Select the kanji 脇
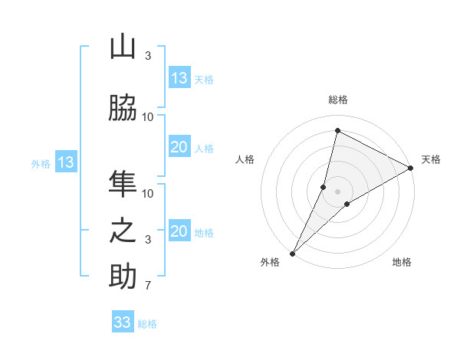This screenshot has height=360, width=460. [123, 108]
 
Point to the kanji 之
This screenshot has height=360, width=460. [123, 231]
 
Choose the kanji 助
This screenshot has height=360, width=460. [123, 277]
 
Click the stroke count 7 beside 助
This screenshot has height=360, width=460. [147, 286]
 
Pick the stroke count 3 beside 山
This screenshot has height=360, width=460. [147, 56]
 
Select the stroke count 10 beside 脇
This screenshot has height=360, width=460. [148, 116]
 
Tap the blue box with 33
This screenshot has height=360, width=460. [123, 322]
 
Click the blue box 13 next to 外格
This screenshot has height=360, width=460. [65, 162]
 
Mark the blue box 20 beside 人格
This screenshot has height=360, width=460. [179, 147]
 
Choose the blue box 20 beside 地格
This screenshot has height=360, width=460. [179, 231]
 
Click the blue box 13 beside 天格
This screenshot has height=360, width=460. [179, 78]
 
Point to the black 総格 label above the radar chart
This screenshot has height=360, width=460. [338, 100]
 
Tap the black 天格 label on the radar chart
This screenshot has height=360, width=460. [431, 159]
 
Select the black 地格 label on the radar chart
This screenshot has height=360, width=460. [402, 262]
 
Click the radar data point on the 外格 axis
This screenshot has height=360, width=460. [292, 254]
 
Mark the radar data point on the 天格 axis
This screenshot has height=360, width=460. [411, 168]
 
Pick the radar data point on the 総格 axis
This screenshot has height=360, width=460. [337, 130]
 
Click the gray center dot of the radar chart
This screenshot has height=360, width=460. [337, 191]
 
